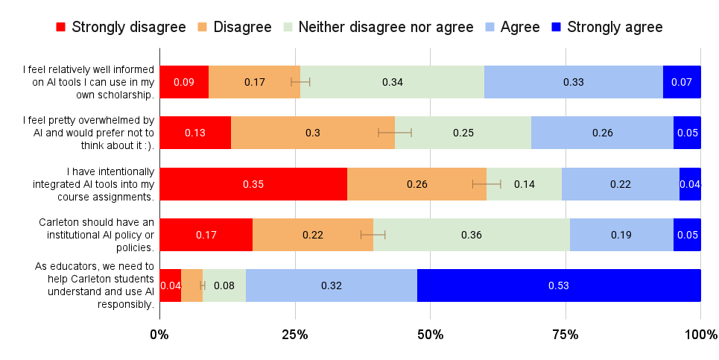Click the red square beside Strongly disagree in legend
(61, 28)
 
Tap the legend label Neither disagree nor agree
(385, 28)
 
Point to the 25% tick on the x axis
(295, 335)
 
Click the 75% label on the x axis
(565, 335)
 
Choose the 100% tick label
(700, 335)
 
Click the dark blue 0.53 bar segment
(559, 285)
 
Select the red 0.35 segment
(253, 184)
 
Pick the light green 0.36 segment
(471, 235)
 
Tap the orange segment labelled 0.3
(312, 133)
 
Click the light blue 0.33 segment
(573, 82)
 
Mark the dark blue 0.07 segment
(682, 82)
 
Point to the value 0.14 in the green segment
(524, 184)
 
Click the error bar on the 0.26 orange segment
(487, 184)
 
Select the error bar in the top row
(300, 82)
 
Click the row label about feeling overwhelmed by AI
(88, 133)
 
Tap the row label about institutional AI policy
(95, 235)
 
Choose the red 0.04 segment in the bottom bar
(170, 285)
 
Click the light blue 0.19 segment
(621, 235)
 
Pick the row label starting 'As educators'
(95, 285)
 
